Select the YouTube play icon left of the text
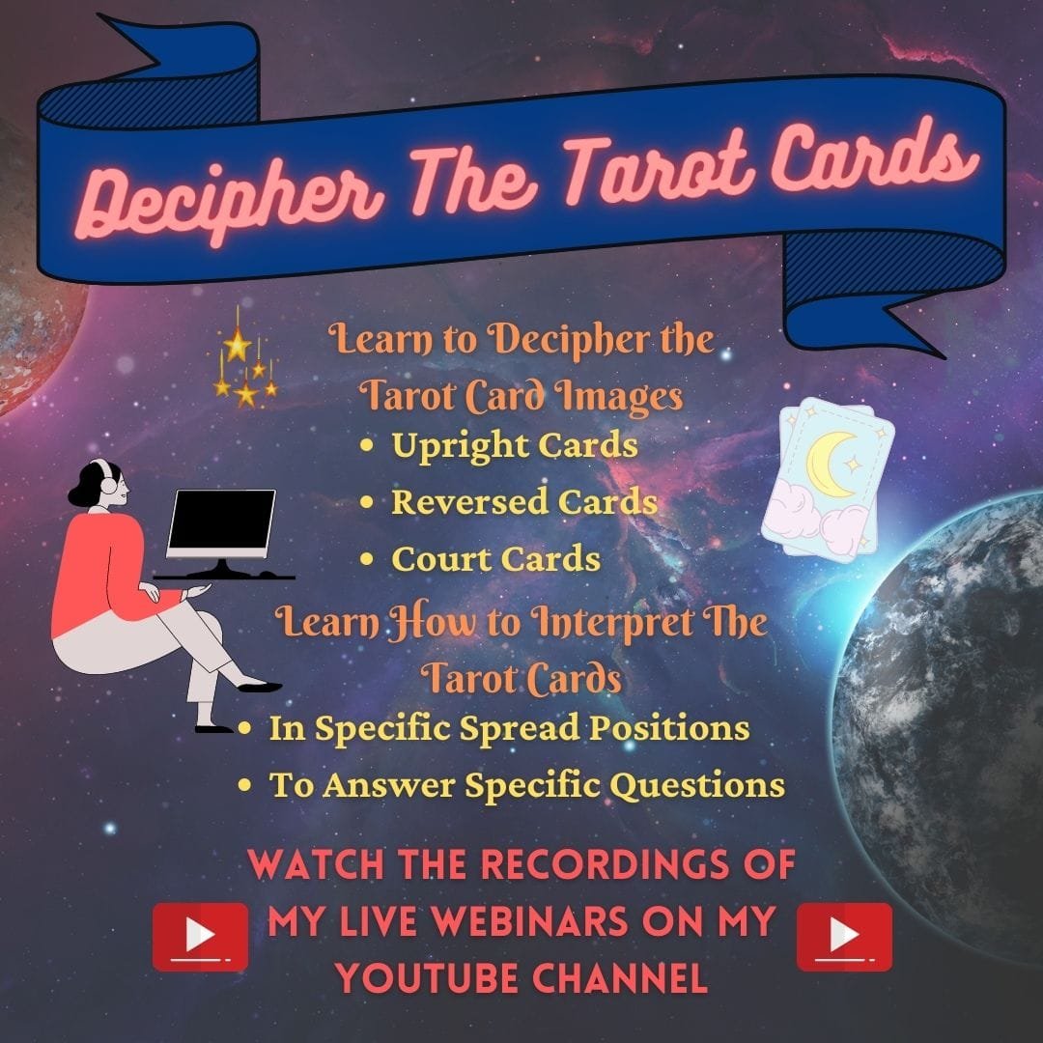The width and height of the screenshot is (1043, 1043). point(200,936)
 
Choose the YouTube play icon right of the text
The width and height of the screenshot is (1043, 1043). point(844,936)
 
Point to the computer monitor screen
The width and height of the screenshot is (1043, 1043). point(221,522)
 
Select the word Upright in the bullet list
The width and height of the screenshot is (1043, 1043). point(459,446)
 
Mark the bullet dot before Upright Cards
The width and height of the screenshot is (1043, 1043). point(367,447)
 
